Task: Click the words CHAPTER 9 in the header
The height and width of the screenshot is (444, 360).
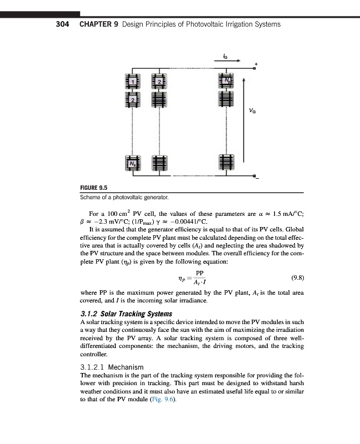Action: [98, 24]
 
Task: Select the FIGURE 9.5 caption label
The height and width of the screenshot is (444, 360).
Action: [96, 188]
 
